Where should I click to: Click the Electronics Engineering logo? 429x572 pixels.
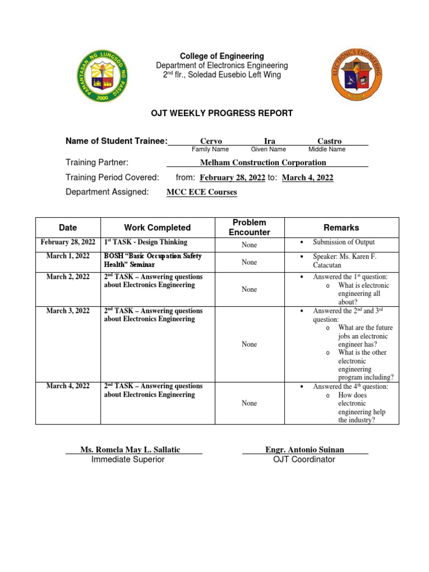(x=359, y=73)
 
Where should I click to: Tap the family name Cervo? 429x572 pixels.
(x=211, y=141)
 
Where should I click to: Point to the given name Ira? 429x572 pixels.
(x=269, y=141)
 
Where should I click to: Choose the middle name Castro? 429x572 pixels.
(x=329, y=141)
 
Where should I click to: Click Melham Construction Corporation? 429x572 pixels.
(x=263, y=163)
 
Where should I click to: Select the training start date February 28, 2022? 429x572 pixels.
(x=232, y=178)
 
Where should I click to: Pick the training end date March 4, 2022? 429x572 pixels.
(x=307, y=178)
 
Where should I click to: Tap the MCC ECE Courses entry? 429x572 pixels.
(x=202, y=192)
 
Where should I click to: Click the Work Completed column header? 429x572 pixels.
(x=157, y=227)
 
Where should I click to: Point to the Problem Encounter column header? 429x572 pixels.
(x=249, y=227)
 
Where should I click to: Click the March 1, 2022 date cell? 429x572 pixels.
(x=68, y=256)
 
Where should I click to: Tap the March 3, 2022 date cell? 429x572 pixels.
(x=68, y=311)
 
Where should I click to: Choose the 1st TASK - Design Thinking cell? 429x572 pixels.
(x=146, y=242)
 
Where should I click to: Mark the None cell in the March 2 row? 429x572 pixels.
(x=249, y=289)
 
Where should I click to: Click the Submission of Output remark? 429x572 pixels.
(x=344, y=242)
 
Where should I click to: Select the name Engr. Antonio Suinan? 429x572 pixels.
(x=305, y=450)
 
